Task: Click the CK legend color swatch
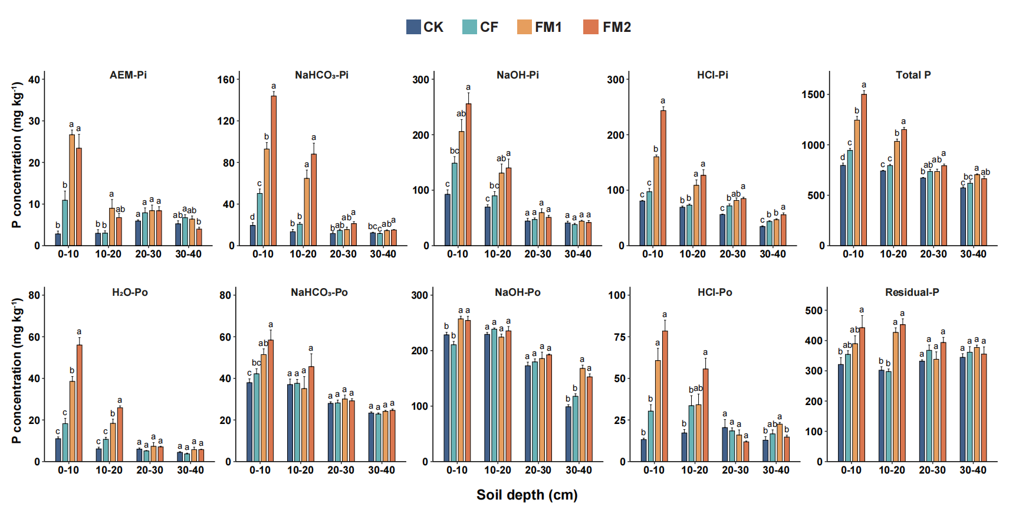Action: [x=413, y=27]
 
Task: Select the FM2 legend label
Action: [x=616, y=27]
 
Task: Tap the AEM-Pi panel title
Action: [x=128, y=75]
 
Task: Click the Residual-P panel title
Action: [x=912, y=292]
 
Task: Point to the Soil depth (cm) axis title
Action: [x=527, y=495]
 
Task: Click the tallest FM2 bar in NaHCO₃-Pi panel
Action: [x=274, y=171]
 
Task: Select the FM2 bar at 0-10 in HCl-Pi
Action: [x=663, y=178]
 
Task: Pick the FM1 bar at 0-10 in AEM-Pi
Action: [x=72, y=190]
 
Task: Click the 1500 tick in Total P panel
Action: [x=813, y=94]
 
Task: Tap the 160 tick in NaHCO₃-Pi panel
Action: [x=226, y=80]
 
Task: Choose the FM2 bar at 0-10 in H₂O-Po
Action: [x=79, y=403]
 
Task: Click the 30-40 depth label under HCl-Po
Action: [x=775, y=470]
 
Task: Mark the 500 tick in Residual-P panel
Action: [x=814, y=311]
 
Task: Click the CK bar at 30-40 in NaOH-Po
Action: [x=568, y=433]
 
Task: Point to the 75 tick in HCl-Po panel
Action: [x=619, y=337]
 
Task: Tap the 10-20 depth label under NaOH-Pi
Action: [x=498, y=254]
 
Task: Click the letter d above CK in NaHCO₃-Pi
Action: [x=252, y=217]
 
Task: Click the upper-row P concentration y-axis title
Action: [x=17, y=155]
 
